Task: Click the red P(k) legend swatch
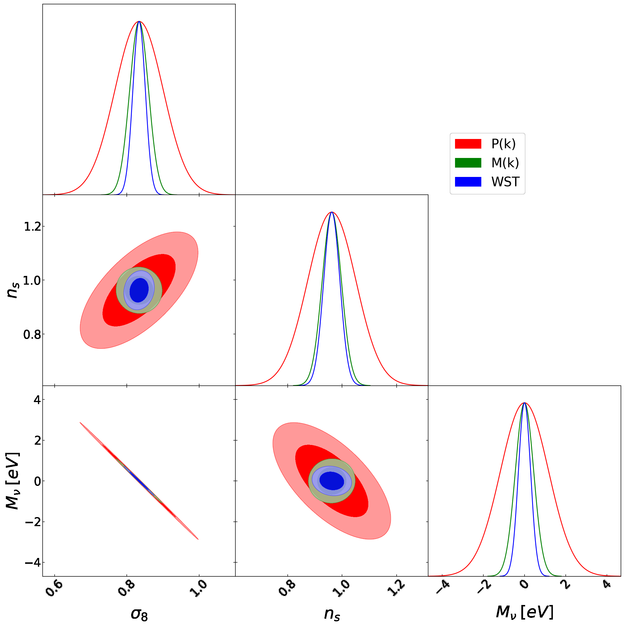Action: coord(468,144)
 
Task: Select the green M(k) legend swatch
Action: coord(468,163)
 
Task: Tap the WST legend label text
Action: coord(505,182)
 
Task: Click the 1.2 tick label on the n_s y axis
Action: coord(33,227)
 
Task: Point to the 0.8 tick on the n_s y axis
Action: coord(32,334)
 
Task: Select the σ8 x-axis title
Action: coord(139,614)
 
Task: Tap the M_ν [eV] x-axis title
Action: coord(524,612)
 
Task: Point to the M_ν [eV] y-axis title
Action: coord(13,481)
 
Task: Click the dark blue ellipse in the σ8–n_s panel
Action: coord(139,290)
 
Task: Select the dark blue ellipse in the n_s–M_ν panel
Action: coord(331,481)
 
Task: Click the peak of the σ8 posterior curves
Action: coord(139,21)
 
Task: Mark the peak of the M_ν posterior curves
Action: coord(524,403)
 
